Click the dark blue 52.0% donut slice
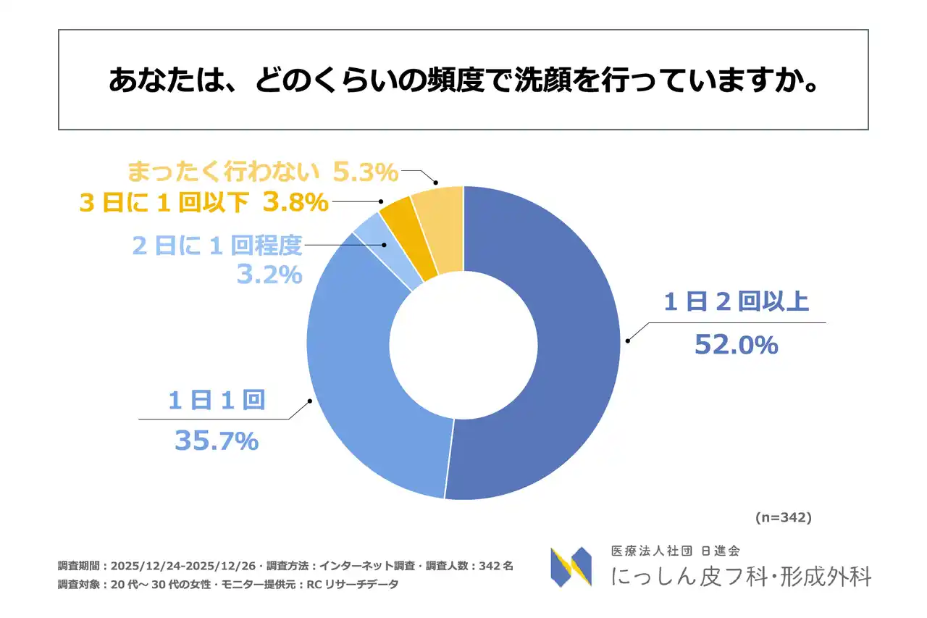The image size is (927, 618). (572, 348)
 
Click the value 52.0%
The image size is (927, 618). (736, 345)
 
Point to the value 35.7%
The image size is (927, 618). (216, 440)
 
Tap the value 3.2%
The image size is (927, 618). (269, 275)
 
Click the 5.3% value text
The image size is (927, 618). (366, 172)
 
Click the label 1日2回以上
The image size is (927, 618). (736, 301)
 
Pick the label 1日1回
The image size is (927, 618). (216, 400)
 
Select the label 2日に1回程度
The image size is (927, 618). (217, 246)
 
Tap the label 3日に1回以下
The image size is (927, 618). (164, 203)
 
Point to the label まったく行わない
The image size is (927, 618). (223, 172)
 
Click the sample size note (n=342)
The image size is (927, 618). (783, 517)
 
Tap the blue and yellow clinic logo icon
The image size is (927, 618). (571, 567)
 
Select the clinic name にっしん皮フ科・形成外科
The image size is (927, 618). (741, 576)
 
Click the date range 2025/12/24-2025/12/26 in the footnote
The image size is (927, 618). (185, 566)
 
